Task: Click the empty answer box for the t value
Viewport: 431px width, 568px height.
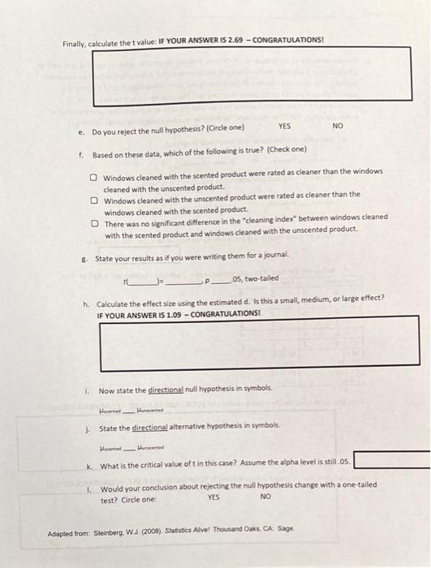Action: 252,76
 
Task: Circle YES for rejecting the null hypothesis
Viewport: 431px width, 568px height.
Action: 284,127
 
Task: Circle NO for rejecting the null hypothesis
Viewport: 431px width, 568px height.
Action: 338,127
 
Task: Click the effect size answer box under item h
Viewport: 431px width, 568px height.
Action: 258,341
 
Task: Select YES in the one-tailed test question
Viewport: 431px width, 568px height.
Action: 213,498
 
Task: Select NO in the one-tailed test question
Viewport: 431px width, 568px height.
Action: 265,498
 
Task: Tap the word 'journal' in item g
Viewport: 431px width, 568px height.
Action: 256,258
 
